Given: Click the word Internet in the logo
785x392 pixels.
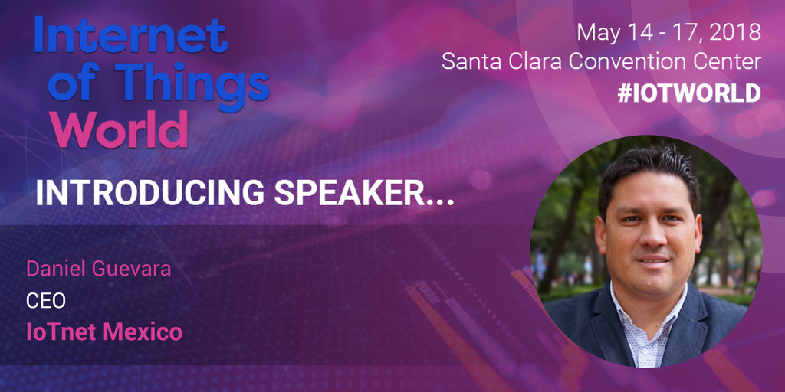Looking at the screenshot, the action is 131,35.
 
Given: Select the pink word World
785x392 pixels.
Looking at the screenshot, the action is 120,129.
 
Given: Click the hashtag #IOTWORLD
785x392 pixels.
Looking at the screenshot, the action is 689,93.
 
